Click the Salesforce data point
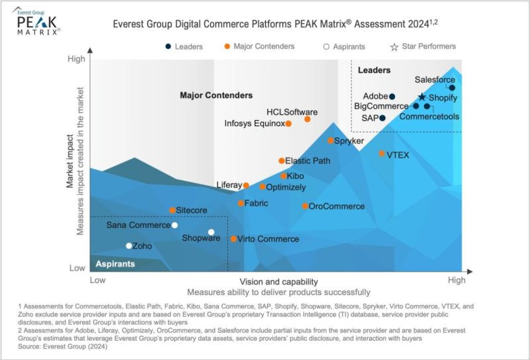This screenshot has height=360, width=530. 452,88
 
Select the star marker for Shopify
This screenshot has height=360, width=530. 422,97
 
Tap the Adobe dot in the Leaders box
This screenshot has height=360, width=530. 392,97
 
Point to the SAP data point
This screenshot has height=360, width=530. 382,118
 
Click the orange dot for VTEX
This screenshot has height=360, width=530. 382,154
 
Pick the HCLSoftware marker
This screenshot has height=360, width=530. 307,119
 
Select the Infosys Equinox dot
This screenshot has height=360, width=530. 288,123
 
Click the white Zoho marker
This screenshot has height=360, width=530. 129,246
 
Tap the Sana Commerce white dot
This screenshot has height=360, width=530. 175,225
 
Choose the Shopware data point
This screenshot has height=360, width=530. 211,232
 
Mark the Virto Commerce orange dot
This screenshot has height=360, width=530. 233,239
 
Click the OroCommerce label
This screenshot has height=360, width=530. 337,206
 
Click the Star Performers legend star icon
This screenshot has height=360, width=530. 394,47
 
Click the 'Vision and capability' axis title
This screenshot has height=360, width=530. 274,281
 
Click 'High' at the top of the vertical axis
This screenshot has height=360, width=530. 76,60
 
